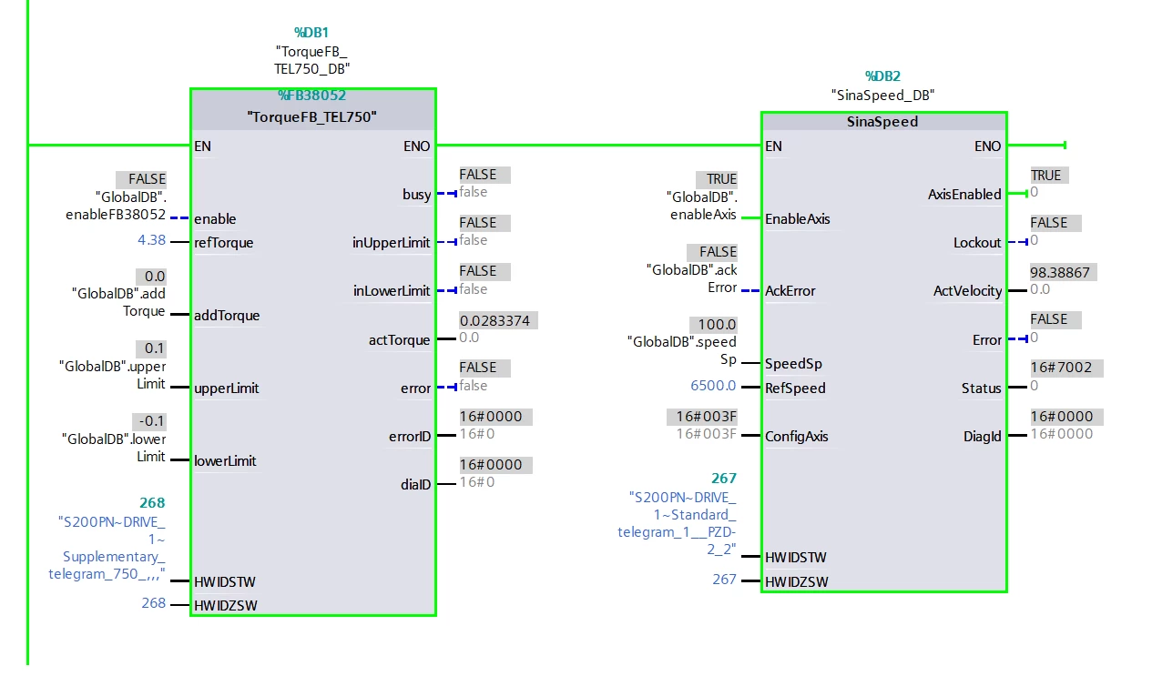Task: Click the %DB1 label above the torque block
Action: coord(311,33)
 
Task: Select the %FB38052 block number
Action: coord(311,95)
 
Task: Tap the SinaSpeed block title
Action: coord(882,122)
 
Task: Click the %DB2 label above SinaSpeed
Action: coord(882,76)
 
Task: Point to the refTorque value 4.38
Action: coord(152,240)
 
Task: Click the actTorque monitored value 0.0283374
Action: coord(494,320)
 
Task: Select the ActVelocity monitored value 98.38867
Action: coord(1060,272)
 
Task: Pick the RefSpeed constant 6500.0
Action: coord(713,385)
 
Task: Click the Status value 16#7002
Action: coord(1061,368)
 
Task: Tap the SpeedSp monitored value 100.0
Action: coord(717,325)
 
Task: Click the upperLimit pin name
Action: coord(226,388)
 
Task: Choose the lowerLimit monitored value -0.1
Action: coord(151,421)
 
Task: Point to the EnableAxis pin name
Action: coord(798,219)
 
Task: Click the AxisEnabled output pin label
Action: coord(964,195)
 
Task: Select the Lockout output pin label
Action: coord(977,242)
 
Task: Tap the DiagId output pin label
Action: coord(983,437)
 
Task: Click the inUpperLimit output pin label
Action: coord(391,242)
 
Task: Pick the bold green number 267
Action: coord(724,479)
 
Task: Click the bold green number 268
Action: coord(152,502)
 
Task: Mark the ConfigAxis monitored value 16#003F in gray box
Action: coord(706,416)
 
